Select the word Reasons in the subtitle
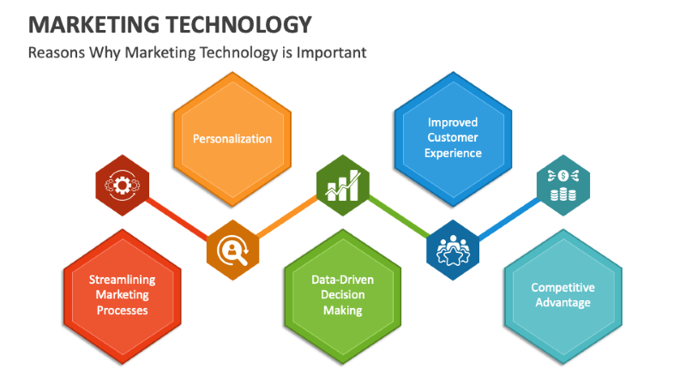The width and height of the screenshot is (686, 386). click(55, 52)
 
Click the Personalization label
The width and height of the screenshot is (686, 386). click(232, 138)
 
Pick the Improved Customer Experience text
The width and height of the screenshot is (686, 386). click(454, 138)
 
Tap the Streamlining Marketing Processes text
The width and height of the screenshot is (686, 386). click(122, 294)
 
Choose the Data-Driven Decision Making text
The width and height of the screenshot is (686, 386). click(343, 294)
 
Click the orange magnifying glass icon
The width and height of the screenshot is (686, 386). click(232, 251)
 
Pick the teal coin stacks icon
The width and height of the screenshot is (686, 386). click(563, 182)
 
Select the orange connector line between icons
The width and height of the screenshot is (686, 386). click(287, 217)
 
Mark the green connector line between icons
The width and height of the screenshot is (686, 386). click(398, 217)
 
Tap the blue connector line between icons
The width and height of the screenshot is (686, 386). click(508, 217)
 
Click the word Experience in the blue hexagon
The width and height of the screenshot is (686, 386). click(454, 153)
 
